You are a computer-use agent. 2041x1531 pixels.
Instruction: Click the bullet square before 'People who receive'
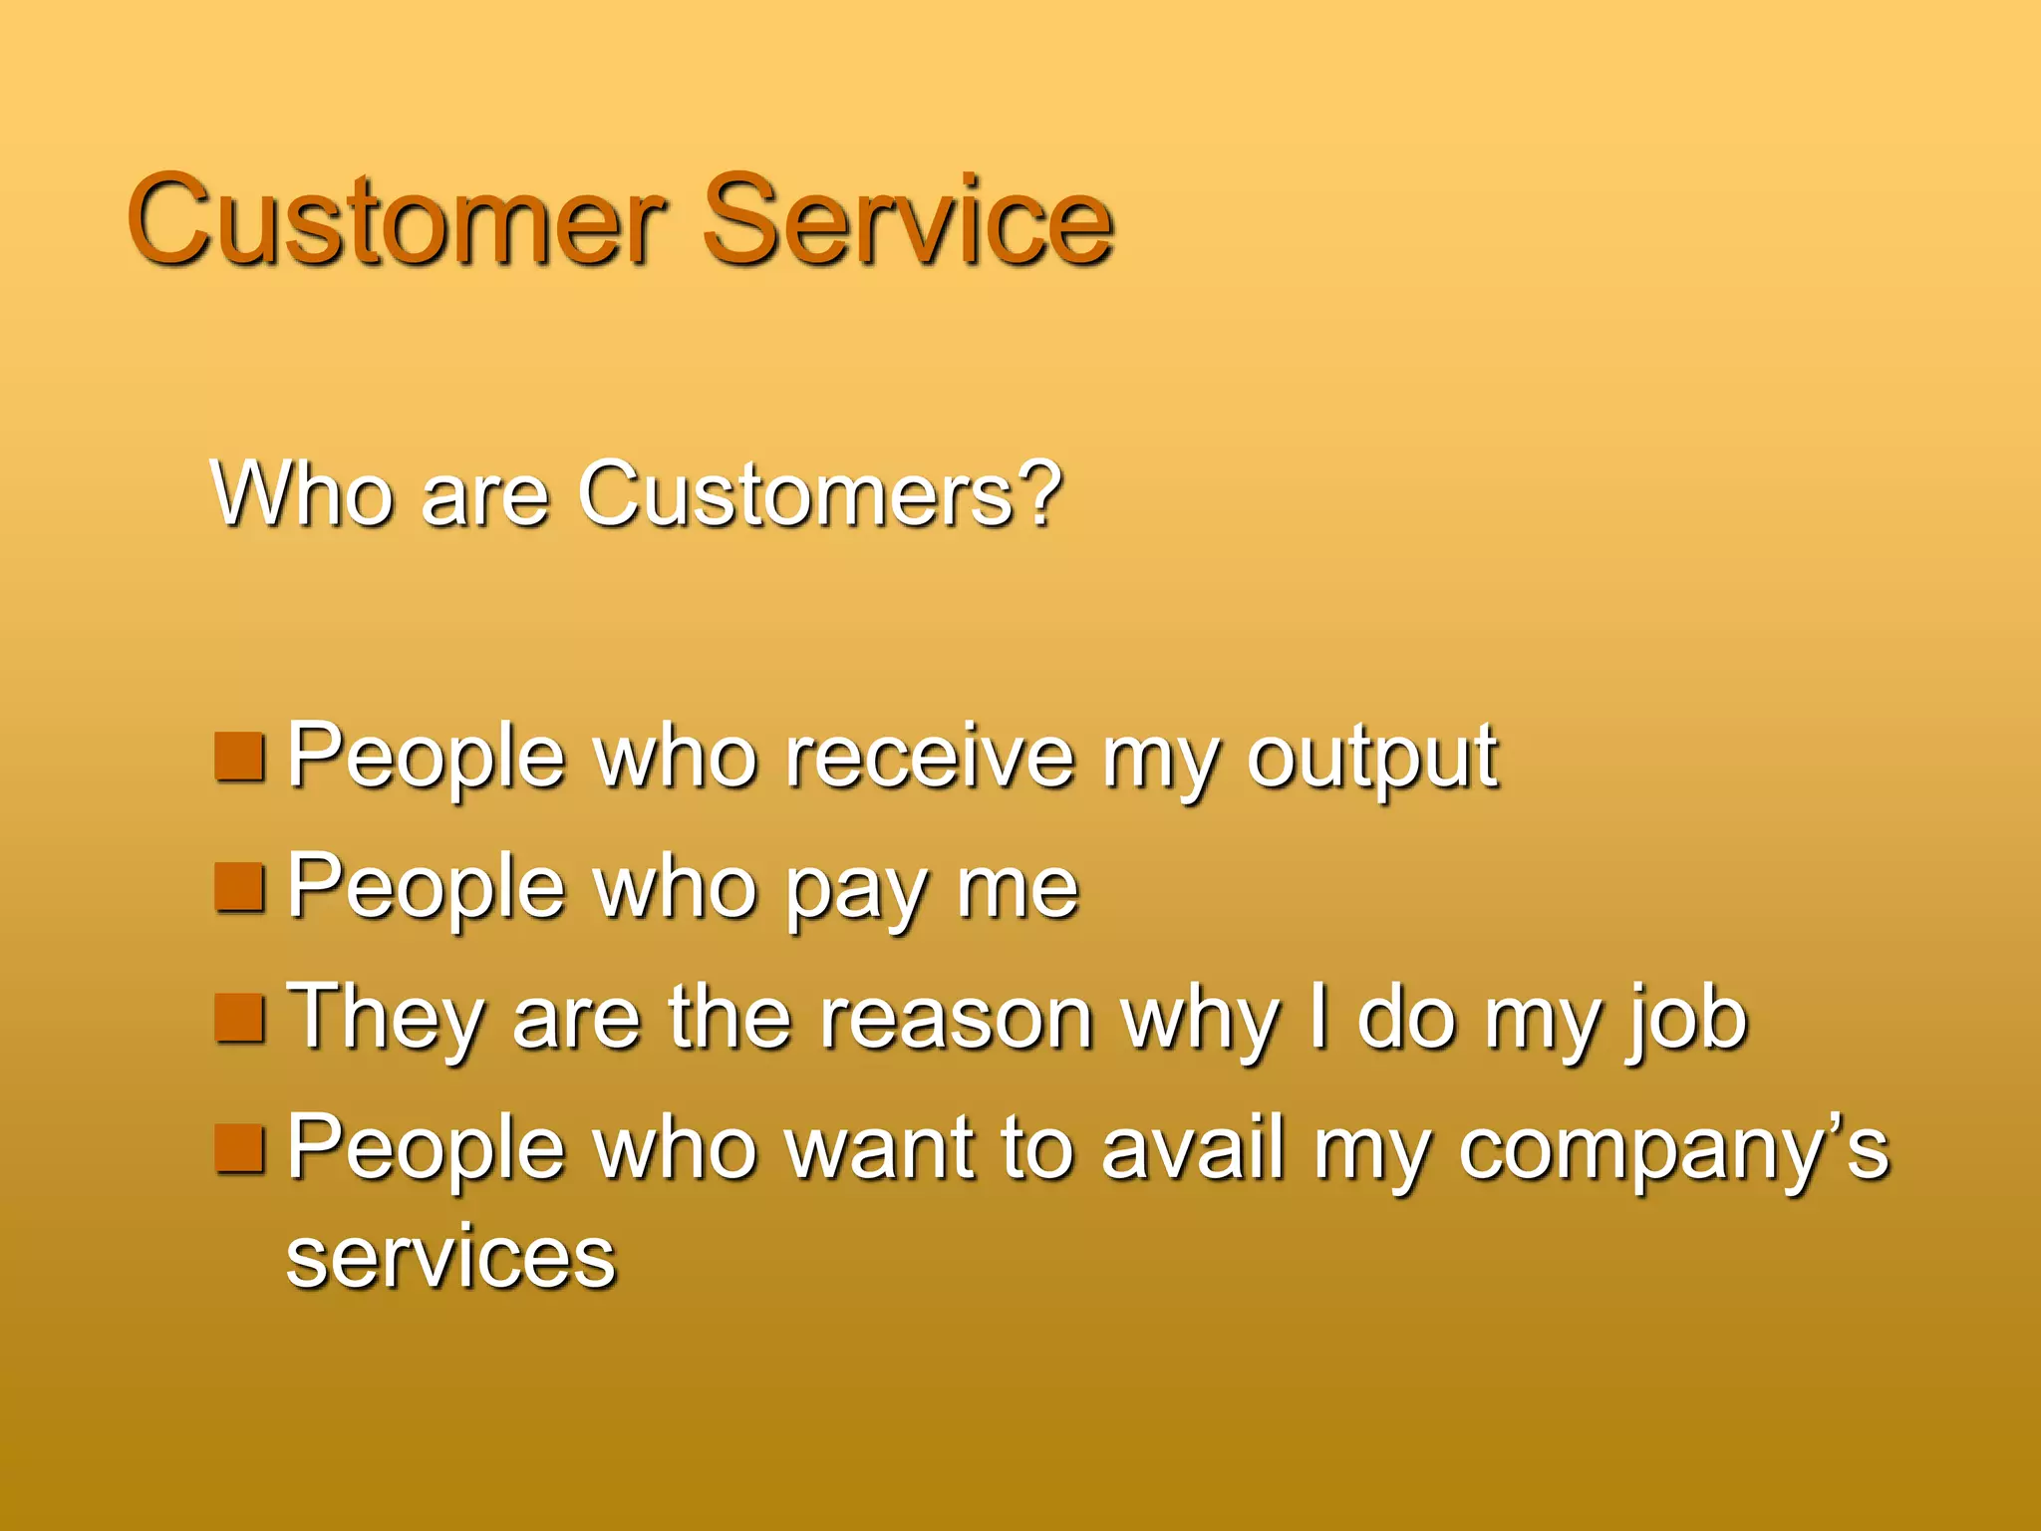239,757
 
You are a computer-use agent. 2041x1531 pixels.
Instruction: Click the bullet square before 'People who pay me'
239,888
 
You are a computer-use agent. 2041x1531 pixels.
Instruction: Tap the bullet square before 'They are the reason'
239,1018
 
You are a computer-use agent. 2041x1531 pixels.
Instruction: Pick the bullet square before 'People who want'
239,1148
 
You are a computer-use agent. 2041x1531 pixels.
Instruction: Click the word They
385,1019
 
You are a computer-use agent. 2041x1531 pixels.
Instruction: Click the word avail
1192,1148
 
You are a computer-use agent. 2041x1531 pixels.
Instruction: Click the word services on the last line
450,1258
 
